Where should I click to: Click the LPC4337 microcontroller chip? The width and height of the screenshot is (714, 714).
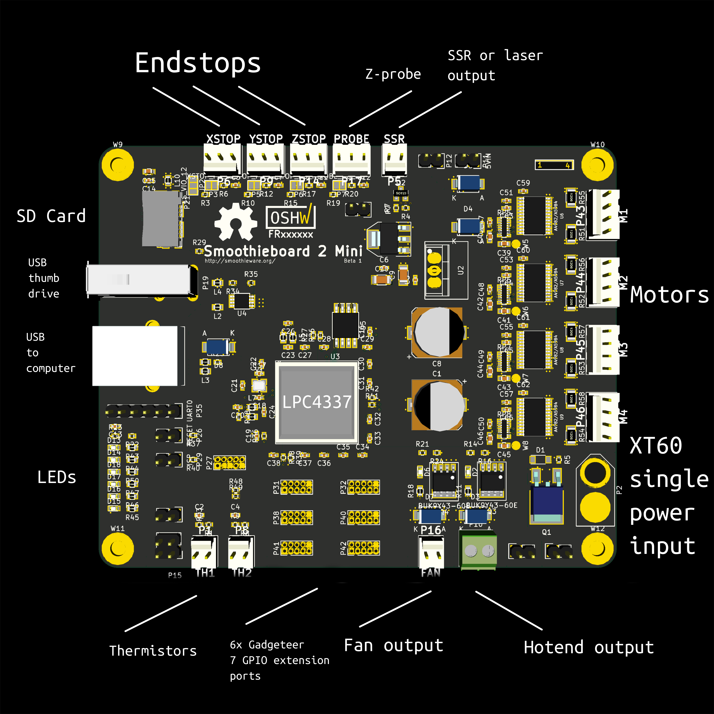317,402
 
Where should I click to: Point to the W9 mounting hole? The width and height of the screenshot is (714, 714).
117,164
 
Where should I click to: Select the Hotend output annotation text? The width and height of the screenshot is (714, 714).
589,648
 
